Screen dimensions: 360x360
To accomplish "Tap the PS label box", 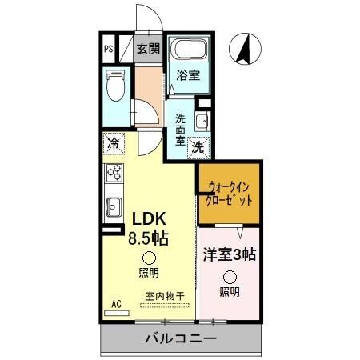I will pos(108,48).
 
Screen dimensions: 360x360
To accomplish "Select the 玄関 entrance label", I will pos(147,48).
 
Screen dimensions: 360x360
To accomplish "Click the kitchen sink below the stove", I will pos(112,204).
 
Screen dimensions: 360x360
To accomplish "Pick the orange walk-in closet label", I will pos(230,193).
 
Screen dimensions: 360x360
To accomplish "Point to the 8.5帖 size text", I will pos(150,238).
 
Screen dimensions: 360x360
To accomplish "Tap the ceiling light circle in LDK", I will pos(149,258).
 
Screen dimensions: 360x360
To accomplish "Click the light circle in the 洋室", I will pos(229,276).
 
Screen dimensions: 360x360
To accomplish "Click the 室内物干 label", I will pos(165,296).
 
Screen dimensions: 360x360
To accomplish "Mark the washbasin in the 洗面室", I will pos(201,122).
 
